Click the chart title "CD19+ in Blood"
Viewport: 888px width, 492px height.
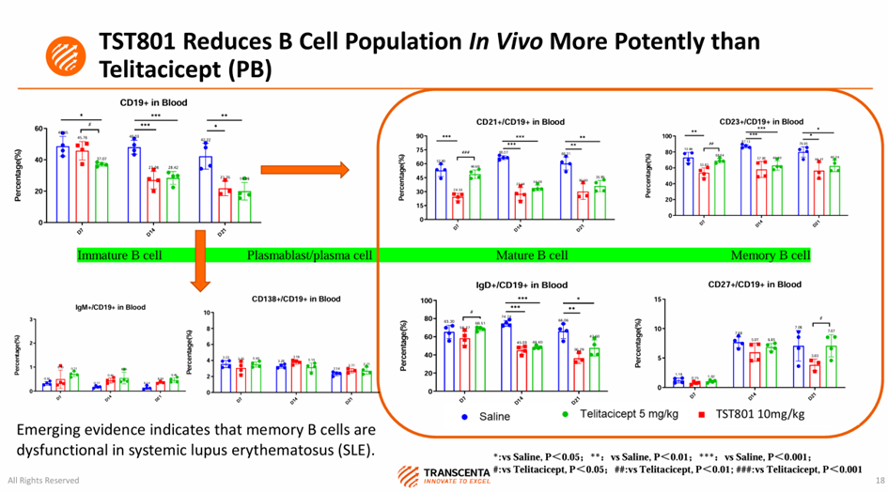(150, 101)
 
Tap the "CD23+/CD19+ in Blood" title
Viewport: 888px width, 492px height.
(761, 121)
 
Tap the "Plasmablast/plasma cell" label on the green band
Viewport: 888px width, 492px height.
(310, 255)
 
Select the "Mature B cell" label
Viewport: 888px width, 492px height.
(532, 255)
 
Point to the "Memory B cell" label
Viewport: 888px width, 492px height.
(771, 255)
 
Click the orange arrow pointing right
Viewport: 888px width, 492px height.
(304, 170)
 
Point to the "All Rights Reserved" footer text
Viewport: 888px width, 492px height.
(39, 480)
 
